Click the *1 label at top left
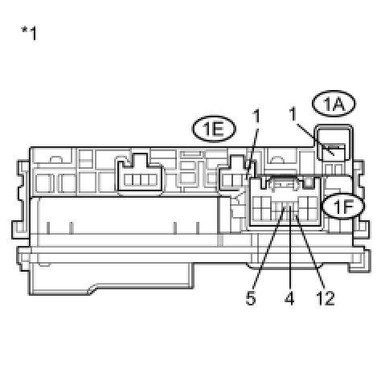coord(29,34)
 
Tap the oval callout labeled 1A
coord(334,104)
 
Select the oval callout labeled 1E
coord(214,129)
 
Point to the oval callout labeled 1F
coord(343,206)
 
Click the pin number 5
coord(251,298)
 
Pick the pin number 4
coord(289,298)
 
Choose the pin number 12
coord(326,298)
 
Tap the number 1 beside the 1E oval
coord(256,116)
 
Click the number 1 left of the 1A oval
coord(293,114)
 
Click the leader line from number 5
coord(268,248)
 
